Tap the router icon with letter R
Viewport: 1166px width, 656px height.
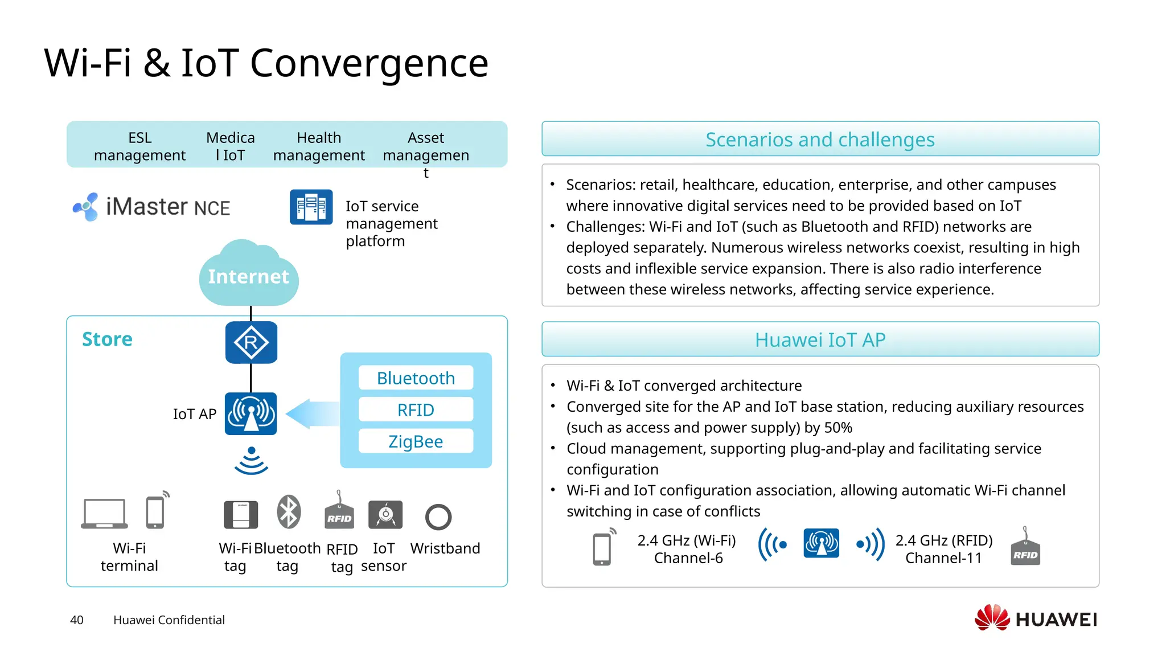[x=251, y=342]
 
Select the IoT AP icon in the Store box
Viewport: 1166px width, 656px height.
[x=251, y=414]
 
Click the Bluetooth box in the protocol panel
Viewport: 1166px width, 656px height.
[x=416, y=378]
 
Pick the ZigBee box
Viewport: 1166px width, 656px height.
[x=416, y=441]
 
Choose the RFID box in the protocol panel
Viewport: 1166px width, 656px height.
[x=416, y=410]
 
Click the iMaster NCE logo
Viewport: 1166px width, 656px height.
[x=151, y=207]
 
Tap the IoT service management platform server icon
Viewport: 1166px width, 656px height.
[x=311, y=207]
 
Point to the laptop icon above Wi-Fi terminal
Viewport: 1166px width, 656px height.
[x=104, y=514]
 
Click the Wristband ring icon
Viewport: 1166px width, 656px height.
[x=438, y=517]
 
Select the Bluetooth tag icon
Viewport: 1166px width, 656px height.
[x=289, y=511]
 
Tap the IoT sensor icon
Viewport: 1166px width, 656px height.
[x=385, y=515]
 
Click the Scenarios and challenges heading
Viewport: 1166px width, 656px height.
[x=820, y=139]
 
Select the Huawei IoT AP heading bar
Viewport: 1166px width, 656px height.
[x=820, y=339]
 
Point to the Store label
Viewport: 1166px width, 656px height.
[x=107, y=339]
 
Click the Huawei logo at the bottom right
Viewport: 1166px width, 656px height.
[x=1036, y=618]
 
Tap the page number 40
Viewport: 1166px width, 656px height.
[x=76, y=620]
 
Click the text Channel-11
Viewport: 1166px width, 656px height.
[x=943, y=558]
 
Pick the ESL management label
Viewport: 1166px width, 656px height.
[x=139, y=146]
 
